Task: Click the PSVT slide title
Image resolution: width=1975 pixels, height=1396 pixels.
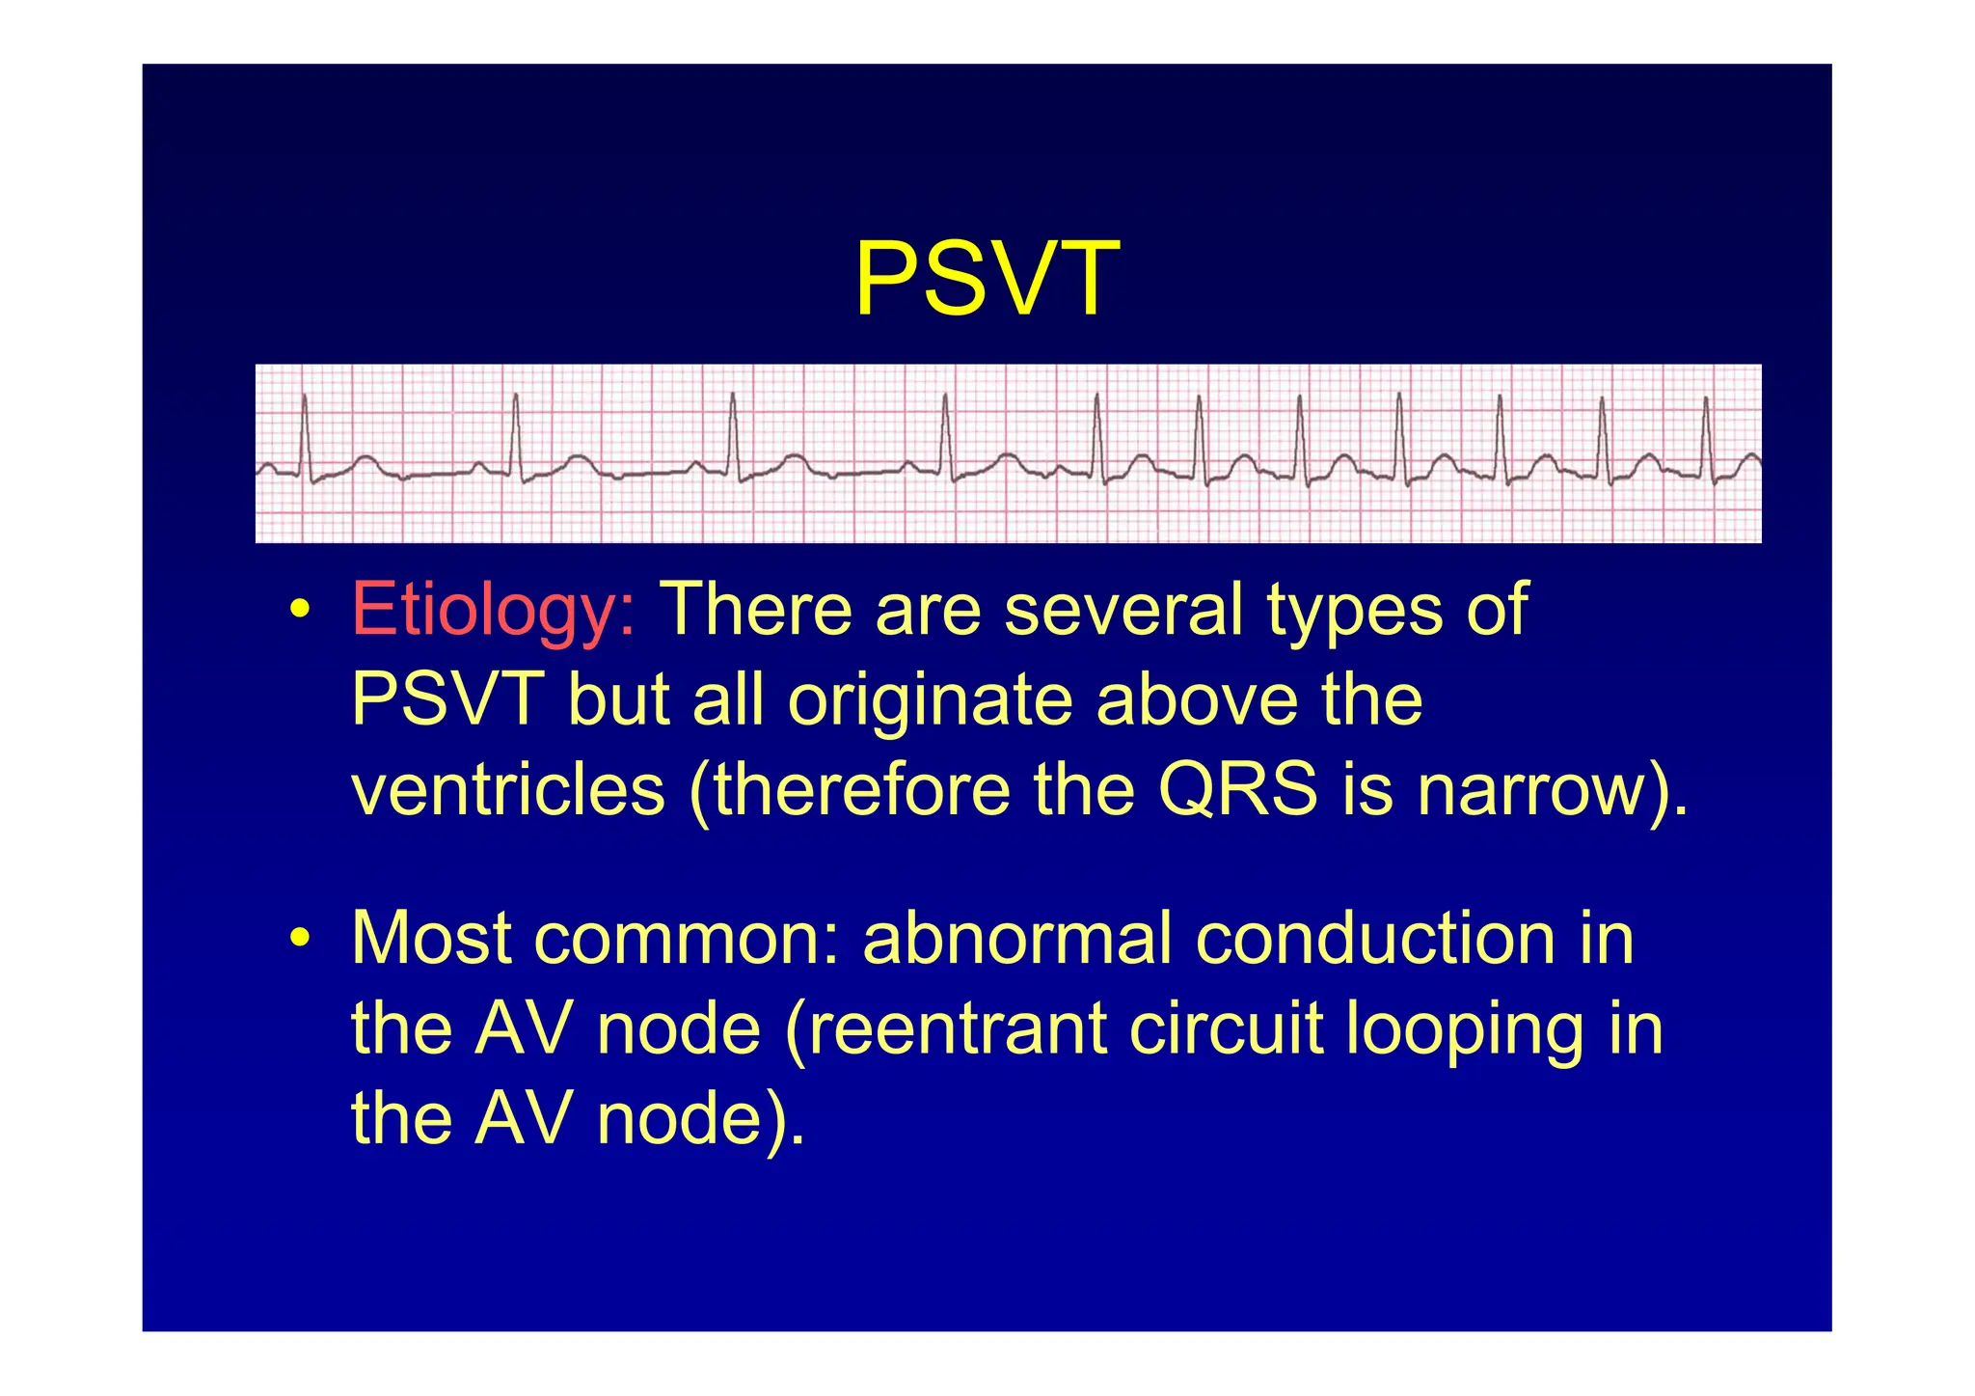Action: click(987, 280)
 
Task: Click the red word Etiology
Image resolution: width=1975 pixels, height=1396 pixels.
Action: click(493, 610)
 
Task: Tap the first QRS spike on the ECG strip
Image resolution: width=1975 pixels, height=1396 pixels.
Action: click(305, 434)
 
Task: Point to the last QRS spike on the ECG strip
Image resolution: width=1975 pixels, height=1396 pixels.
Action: click(1706, 434)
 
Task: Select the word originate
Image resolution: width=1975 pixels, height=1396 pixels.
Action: click(930, 700)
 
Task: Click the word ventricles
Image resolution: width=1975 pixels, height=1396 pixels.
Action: click(508, 790)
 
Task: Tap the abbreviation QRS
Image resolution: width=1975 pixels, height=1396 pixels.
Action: click(1237, 790)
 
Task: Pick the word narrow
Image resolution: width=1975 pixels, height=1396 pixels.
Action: click(1529, 790)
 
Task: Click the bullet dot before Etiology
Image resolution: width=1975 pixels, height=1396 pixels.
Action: click(301, 612)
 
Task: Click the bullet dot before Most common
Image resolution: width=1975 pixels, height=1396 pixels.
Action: click(301, 939)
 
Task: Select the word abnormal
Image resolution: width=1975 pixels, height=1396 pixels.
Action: click(1016, 938)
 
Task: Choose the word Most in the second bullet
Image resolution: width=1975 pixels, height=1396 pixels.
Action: click(431, 938)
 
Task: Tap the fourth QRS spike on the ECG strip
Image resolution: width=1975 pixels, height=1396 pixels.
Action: click(946, 434)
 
